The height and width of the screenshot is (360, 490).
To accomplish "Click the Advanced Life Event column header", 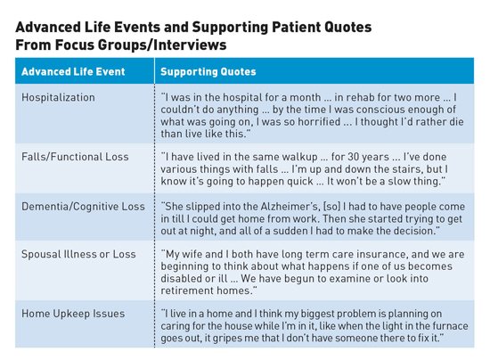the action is tap(73, 71).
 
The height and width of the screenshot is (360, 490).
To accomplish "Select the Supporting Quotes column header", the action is tap(208, 71).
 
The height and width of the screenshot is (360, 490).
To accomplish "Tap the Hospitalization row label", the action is tap(58, 97).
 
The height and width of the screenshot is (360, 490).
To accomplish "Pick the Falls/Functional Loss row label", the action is tap(75, 157).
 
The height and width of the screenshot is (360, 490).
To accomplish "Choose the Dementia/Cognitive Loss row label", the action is tap(83, 207).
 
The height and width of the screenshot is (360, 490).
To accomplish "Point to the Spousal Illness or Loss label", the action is tap(78, 254).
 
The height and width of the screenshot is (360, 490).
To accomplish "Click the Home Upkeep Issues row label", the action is tap(73, 314).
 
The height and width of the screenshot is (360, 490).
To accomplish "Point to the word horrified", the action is tap(319, 121).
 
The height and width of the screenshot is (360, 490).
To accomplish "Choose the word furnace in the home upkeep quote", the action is tap(450, 326).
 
